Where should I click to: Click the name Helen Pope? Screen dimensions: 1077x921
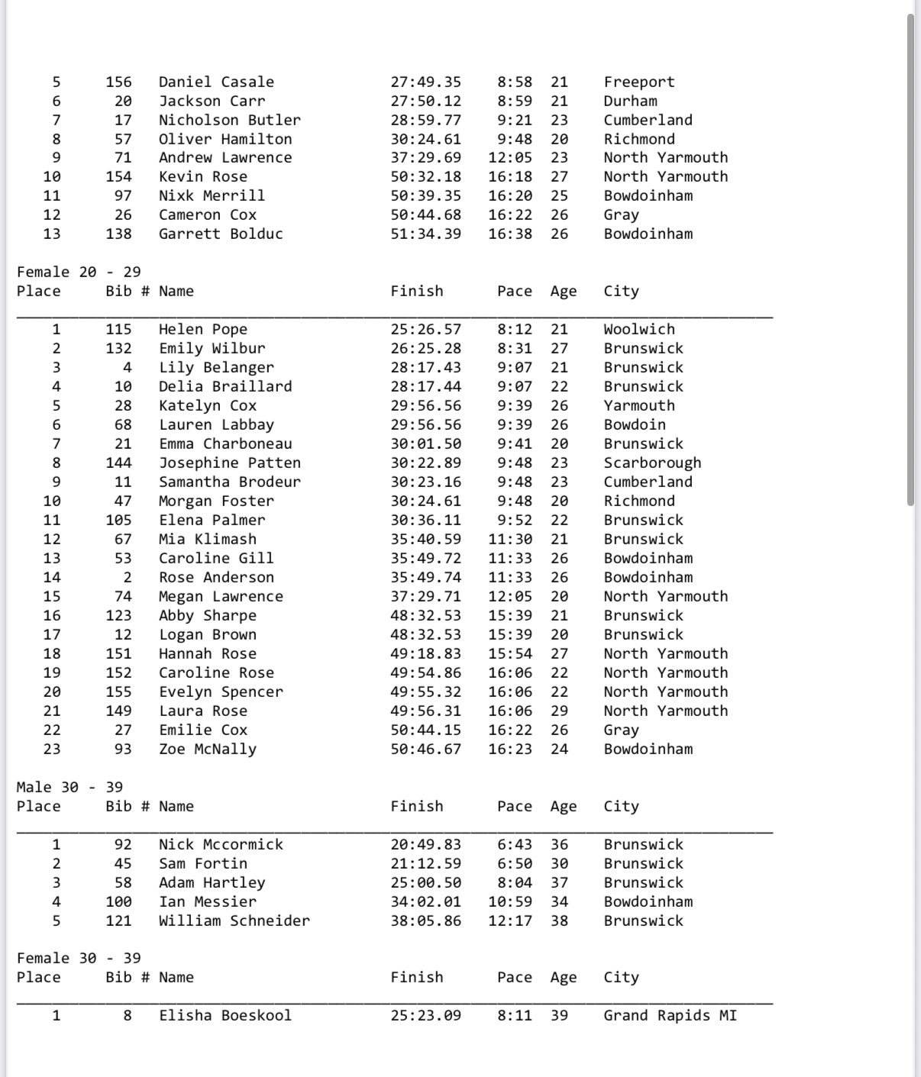pos(202,330)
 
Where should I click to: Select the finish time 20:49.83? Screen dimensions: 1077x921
pos(425,845)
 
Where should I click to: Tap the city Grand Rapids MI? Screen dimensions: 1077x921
pos(670,1016)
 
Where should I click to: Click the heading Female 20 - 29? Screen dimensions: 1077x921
pos(79,272)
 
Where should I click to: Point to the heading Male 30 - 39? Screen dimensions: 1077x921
pos(69,788)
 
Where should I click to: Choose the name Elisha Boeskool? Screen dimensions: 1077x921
pos(225,1016)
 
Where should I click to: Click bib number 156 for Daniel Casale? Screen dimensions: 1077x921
pos(118,82)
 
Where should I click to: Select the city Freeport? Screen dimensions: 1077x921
pos(638,82)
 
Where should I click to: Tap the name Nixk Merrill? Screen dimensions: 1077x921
pos(212,196)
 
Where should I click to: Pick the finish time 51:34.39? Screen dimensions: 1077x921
pos(425,234)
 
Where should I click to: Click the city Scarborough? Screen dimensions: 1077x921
pos(651,463)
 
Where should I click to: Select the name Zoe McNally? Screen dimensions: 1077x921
pos(207,750)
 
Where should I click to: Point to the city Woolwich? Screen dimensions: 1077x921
pos(638,330)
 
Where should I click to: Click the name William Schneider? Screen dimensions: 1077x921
pos(234,921)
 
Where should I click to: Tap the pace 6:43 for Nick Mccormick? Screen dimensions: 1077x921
pos(514,845)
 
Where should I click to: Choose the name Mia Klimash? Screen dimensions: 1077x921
pos(207,540)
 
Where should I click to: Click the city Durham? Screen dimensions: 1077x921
pos(630,102)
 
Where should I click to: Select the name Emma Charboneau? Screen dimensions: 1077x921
pos(225,444)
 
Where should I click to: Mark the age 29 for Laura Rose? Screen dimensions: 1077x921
pos(559,711)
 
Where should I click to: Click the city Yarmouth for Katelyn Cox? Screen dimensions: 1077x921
pos(638,406)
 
